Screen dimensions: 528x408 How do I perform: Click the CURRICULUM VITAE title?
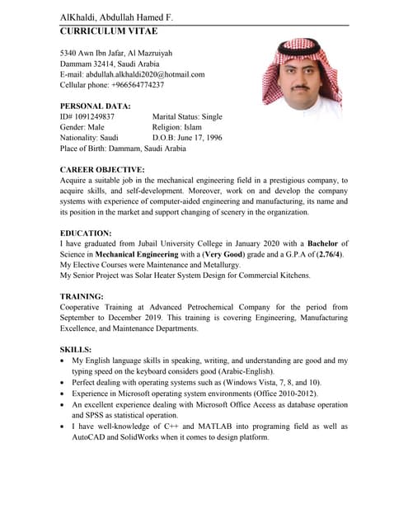(x=109, y=31)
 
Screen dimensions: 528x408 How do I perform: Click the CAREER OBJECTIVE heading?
(x=102, y=169)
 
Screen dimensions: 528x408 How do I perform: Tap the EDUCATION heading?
(x=86, y=233)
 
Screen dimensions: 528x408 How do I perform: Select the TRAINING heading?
(x=83, y=296)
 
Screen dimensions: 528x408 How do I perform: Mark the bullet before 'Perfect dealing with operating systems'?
(x=64, y=384)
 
